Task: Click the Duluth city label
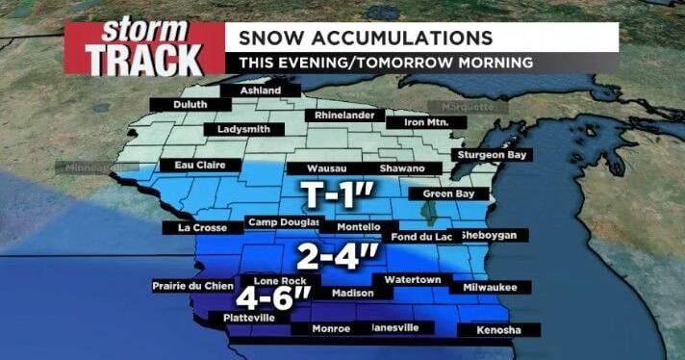(190, 104)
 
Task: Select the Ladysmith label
(250, 128)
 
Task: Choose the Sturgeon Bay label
(495, 154)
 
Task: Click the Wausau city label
(313, 168)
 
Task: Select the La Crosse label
(202, 228)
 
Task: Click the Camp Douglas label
(283, 222)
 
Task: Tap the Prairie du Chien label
(192, 286)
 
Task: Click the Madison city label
(351, 293)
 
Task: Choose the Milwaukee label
(490, 287)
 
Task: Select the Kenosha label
(499, 331)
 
